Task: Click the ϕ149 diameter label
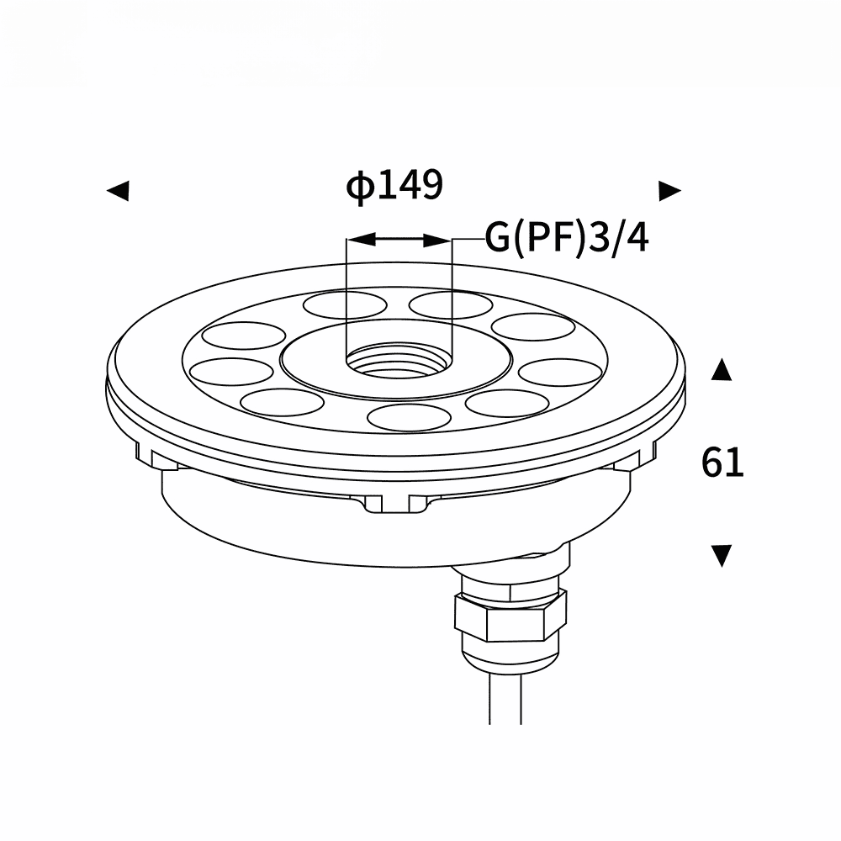(394, 185)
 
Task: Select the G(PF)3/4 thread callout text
(567, 238)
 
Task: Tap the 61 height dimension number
(722, 463)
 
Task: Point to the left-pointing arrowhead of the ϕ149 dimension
(118, 190)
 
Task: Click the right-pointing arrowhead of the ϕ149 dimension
(670, 190)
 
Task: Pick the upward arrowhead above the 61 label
(722, 369)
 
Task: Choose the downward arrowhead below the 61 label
(722, 556)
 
